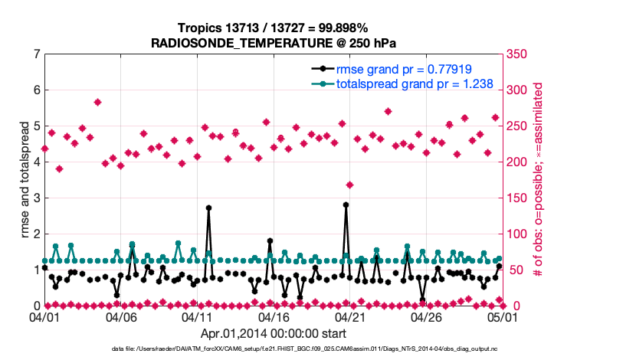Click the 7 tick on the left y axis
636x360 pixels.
36,54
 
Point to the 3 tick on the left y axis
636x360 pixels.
36,198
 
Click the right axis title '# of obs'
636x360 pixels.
538,180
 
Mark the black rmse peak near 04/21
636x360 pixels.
346,205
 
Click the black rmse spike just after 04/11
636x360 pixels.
208,208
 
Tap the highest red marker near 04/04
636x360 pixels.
97,102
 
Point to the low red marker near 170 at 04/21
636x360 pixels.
350,185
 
